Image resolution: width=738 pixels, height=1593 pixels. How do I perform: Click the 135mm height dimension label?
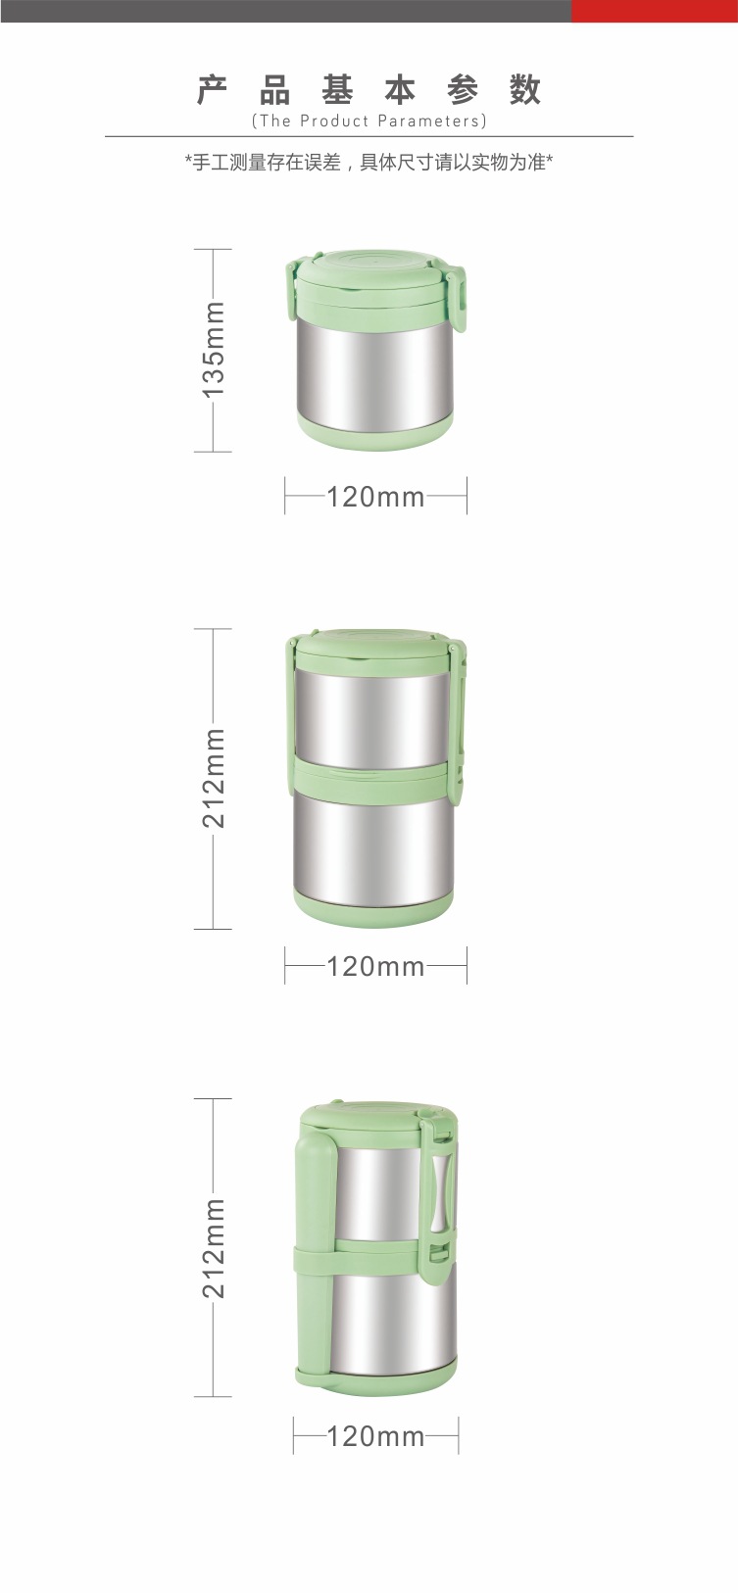click(215, 349)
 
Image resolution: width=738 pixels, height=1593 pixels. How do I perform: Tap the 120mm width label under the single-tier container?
click(375, 497)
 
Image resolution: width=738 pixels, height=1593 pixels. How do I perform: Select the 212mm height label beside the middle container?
click(215, 777)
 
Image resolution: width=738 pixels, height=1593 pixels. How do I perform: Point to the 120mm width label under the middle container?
click(375, 966)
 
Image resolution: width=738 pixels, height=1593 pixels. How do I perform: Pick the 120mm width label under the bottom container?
click(375, 1436)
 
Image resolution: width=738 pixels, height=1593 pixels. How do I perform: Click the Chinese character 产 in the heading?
click(212, 90)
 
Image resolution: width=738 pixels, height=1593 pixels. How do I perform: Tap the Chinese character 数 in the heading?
click(525, 90)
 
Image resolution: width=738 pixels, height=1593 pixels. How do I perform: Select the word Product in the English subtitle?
click(334, 121)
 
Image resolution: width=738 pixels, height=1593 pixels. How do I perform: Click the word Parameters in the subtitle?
click(429, 121)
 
